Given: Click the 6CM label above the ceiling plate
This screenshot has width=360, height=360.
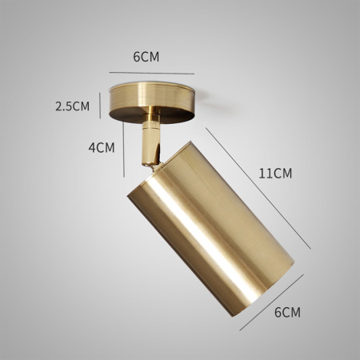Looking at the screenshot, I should (146, 57).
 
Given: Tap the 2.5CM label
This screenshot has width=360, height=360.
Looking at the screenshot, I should (72, 106).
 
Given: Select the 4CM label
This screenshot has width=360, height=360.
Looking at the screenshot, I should (102, 147).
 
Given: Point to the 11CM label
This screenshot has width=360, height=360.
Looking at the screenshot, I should (276, 173).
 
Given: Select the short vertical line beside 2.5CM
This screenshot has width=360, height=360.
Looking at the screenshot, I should (101, 105).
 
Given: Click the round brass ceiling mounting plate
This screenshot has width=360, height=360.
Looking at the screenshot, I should (153, 100).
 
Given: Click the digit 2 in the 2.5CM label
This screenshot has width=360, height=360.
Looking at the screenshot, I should (58, 106).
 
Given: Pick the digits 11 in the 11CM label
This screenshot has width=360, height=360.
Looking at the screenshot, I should (265, 173).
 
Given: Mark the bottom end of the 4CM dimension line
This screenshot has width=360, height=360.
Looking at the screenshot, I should (126, 174).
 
